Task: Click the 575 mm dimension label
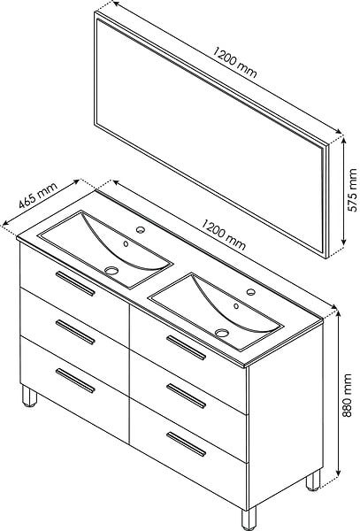coord(353,190)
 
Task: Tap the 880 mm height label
coord(347,396)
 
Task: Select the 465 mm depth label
coord(38,196)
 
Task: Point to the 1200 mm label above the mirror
coord(234,62)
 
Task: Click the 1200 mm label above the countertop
coord(223,235)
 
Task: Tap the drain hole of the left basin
coord(111,270)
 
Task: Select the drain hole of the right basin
coord(222,333)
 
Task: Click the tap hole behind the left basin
coord(141,230)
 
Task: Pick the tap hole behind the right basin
coord(250,292)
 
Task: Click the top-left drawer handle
coord(75,283)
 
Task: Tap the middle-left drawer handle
coord(75,332)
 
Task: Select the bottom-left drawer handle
coord(75,381)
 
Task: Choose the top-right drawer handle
coord(186,348)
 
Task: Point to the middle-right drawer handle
coord(186,396)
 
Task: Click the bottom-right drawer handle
coord(186,444)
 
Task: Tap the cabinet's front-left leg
coord(29,396)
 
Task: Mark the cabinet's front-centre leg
coord(249,518)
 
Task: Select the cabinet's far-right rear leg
coord(313,481)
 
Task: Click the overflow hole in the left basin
coord(126,243)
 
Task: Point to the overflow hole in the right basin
coord(236,306)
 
